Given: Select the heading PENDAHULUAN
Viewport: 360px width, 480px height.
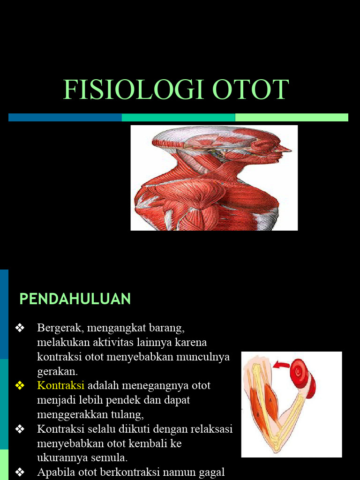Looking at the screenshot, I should pos(75,299).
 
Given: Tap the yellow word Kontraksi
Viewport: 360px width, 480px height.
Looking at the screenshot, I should pos(60,385).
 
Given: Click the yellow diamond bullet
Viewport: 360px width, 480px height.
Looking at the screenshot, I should pos(20,385).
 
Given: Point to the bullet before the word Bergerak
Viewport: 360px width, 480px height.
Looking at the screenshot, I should pos(20,327).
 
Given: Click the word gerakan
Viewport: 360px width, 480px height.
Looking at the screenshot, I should pos(57,371).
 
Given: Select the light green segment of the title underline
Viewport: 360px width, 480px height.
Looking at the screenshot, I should pos(292,117).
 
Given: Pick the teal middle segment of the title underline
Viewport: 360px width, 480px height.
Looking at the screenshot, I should pos(178,117).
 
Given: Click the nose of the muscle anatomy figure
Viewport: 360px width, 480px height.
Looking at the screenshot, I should pos(287,150).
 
